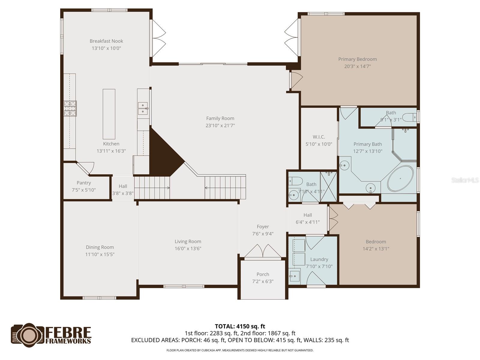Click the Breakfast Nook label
[106, 41]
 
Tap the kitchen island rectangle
[109, 114]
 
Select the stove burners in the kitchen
[70, 108]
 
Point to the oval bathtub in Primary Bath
[400, 178]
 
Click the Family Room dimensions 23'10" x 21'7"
[220, 126]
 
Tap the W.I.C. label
[319, 137]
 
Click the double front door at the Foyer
[262, 251]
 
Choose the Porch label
[262, 274]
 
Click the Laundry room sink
[295, 275]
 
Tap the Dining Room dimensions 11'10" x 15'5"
[100, 254]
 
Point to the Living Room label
[188, 241]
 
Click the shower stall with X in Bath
[328, 186]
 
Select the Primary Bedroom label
[357, 59]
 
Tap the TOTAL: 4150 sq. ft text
[240, 326]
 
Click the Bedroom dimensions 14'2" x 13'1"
[376, 249]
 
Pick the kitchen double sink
[143, 108]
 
